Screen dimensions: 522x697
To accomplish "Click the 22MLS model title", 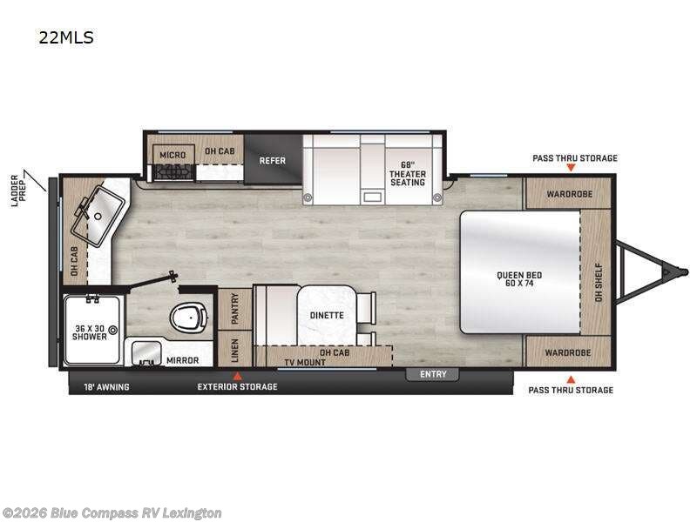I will [66, 37].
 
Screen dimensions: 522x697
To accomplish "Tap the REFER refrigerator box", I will [273, 160].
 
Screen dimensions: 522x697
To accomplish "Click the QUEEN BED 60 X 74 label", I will [519, 280].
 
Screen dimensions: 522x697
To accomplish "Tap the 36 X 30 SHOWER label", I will [91, 333].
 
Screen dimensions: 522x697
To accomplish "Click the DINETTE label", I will [327, 316].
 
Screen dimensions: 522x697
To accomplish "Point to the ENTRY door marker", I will [433, 374].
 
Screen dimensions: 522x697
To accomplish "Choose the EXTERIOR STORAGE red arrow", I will [233, 375].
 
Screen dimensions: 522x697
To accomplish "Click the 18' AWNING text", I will [105, 386].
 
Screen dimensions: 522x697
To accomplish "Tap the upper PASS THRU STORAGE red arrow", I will [572, 167].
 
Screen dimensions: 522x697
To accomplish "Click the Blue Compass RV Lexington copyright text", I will [112, 512].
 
